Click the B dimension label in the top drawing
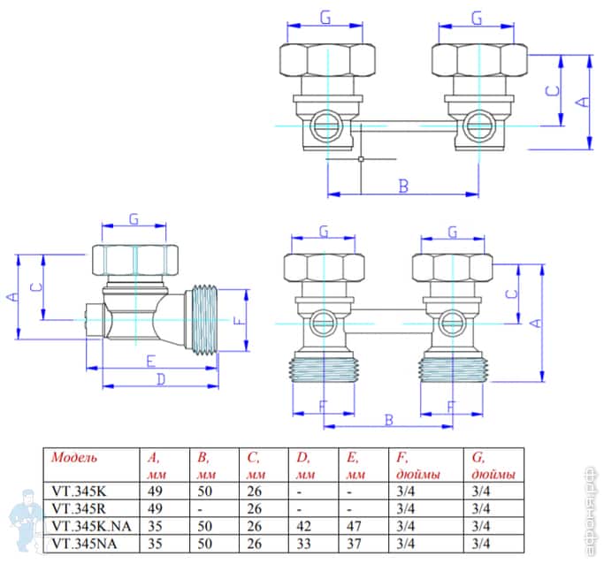402,187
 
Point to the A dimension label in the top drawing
581,102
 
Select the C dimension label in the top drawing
551,91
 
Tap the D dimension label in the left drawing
161,379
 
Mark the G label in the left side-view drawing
134,218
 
